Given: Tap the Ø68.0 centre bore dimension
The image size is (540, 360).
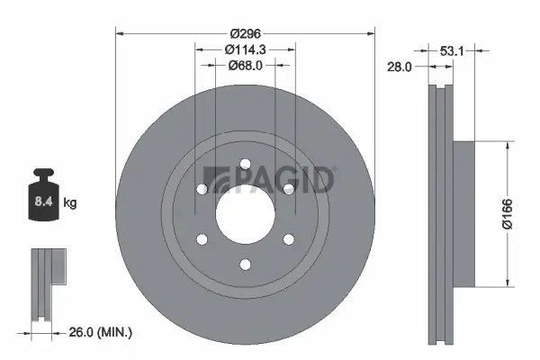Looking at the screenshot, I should click(x=245, y=64).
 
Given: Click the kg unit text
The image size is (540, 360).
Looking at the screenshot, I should click(x=70, y=203).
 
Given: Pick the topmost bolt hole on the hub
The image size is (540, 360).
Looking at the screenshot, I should click(x=245, y=163).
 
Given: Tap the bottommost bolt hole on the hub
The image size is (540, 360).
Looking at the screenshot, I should click(x=245, y=265).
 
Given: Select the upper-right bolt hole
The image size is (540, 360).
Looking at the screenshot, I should click(x=289, y=189).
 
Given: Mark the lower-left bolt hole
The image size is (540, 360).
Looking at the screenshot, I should click(x=202, y=238).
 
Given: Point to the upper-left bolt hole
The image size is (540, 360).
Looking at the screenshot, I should click(x=202, y=189).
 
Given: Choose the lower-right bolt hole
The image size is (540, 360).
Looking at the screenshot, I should click(x=289, y=238).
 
